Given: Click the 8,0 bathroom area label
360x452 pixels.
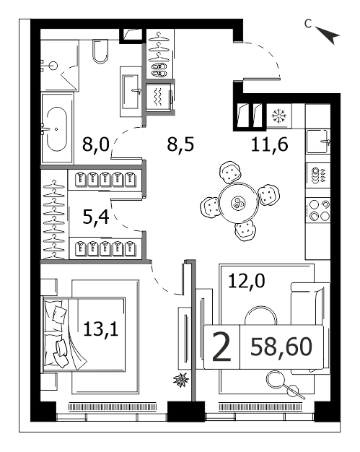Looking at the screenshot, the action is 96,144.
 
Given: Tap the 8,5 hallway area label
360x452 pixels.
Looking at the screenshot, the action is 180,144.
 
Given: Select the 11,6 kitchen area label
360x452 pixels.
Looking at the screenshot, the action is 269,144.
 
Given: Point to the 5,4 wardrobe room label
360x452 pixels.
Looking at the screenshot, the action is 96,217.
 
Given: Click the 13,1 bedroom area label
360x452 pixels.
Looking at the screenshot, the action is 101,329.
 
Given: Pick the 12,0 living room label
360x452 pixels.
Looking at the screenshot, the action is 246,281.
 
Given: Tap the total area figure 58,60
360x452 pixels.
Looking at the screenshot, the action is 281,347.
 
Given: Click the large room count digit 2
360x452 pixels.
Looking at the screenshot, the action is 221,347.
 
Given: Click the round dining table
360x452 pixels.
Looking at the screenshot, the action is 238,202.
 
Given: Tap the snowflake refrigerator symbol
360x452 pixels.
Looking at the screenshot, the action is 279,116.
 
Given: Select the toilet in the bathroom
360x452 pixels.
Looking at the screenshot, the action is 100,51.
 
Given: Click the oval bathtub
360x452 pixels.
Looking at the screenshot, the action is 56,129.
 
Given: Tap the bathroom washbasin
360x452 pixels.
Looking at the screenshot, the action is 131,92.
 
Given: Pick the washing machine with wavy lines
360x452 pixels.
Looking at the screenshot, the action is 159,97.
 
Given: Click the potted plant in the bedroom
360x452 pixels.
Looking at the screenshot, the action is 181,380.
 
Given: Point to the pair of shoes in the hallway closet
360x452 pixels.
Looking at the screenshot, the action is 159,70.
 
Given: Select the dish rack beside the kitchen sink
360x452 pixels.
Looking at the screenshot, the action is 318,175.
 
